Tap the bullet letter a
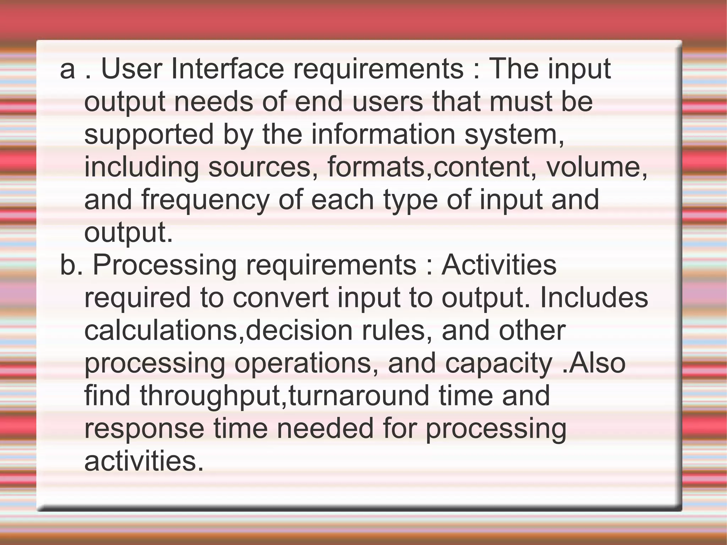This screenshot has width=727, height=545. (67, 70)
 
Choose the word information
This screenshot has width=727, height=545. (383, 134)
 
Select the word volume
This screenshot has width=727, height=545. (596, 167)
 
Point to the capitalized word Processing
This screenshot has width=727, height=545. (165, 266)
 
